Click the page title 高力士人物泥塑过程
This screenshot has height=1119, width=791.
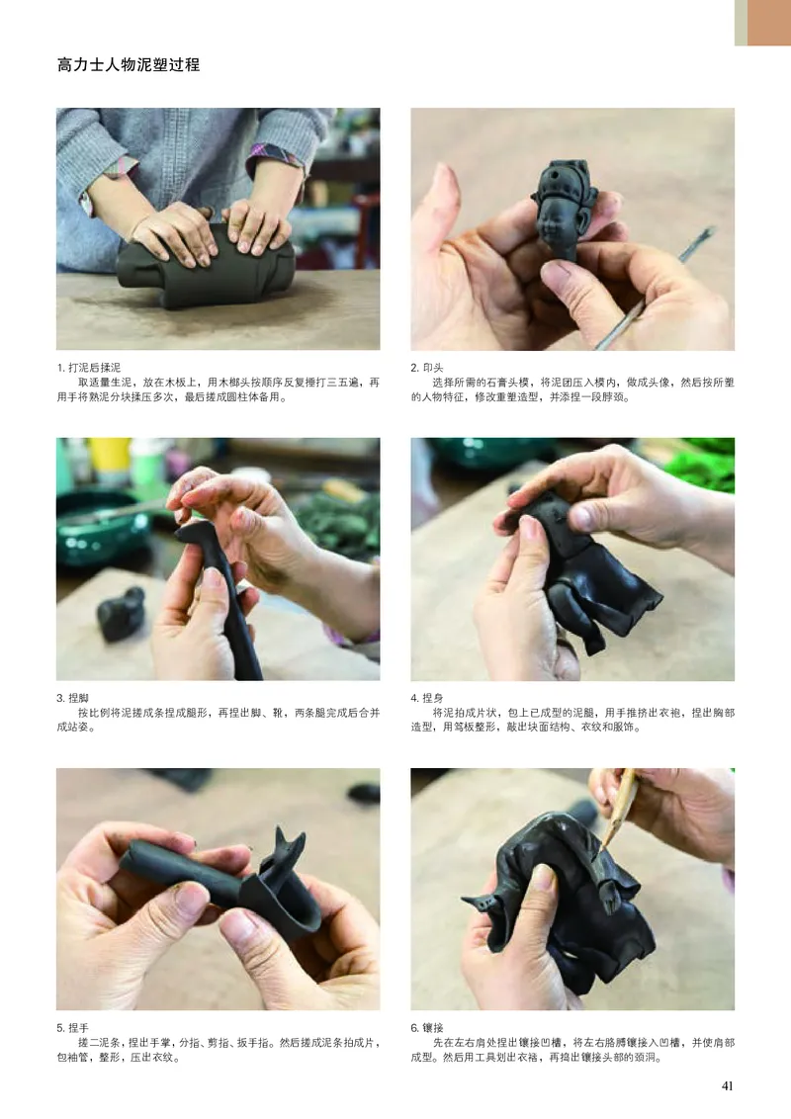pos(129,65)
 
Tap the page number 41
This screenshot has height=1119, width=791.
pos(728,1085)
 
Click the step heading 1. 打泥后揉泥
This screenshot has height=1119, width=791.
pos(89,368)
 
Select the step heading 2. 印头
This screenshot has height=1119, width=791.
pos(427,368)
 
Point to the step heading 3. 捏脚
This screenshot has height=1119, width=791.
pos(73,698)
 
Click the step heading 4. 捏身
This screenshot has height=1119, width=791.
pos(427,698)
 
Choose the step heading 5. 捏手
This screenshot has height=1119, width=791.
pos(73,1028)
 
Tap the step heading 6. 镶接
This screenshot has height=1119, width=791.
pos(427,1028)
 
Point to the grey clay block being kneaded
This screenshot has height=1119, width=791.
pos(205,268)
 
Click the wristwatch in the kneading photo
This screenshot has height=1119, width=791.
pos(86,203)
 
